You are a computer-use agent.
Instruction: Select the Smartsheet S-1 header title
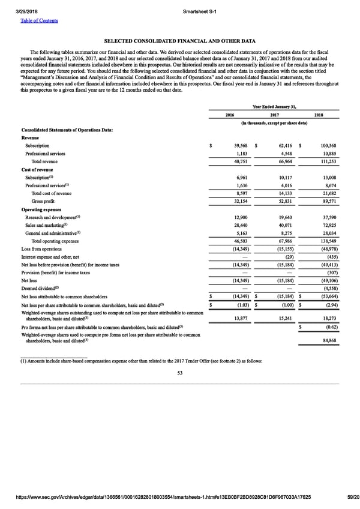click(x=200, y=13)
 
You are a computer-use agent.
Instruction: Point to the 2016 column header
click(x=229, y=115)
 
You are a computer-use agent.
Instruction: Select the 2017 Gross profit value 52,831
click(x=281, y=201)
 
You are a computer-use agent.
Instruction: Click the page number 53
click(x=180, y=373)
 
